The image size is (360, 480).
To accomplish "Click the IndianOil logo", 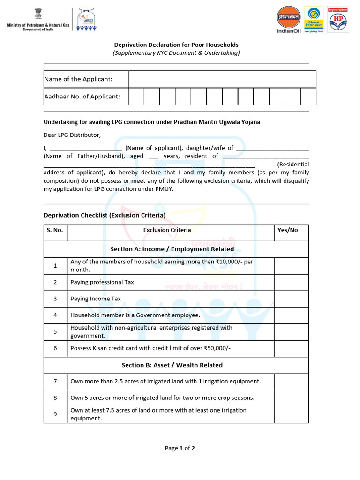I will click(288, 20).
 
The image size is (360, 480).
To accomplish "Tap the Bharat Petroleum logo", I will click(314, 20).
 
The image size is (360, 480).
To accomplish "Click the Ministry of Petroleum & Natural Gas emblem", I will click(37, 14).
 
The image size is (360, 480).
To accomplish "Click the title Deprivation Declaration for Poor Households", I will click(176, 45).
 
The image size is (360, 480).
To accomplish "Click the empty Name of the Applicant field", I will click(222, 79).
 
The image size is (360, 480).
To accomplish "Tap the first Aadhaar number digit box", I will click(136, 97).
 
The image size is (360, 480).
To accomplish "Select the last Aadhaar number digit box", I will click(308, 97).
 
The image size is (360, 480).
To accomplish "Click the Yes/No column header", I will click(288, 230).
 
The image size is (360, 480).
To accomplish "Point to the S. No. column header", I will click(55, 230).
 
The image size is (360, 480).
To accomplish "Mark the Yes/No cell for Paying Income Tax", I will click(291, 299).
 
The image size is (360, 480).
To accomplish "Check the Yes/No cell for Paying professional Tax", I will click(291, 283).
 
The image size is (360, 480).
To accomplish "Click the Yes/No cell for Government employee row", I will click(291, 315).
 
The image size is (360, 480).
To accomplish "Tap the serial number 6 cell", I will click(55, 348).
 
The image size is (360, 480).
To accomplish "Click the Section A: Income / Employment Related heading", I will click(172, 249).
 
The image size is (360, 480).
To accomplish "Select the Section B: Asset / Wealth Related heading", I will click(172, 365).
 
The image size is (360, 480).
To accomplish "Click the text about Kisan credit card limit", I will click(150, 348).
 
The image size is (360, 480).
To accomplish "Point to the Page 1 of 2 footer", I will click(180, 448).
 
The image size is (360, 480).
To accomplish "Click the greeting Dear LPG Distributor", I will click(72, 135).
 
